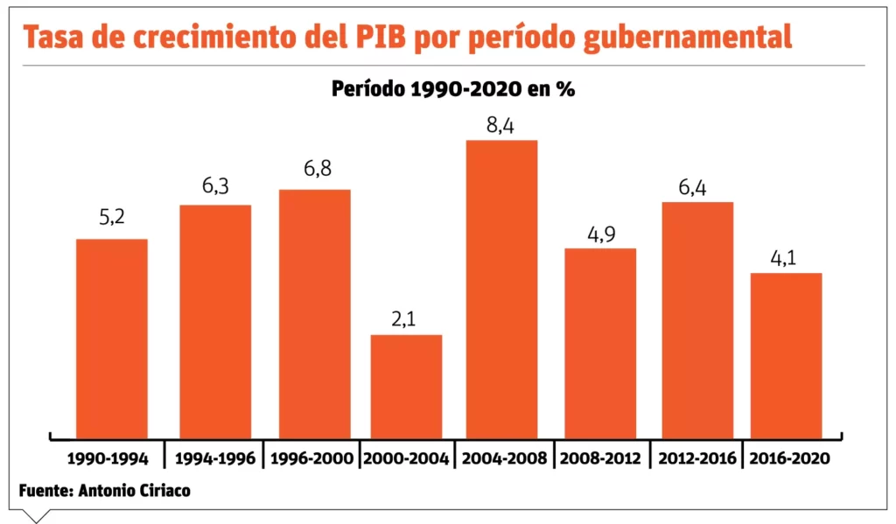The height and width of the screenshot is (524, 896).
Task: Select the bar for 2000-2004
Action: tap(406, 386)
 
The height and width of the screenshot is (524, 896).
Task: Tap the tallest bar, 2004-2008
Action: tap(501, 289)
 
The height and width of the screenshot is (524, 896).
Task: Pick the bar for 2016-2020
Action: tap(786, 355)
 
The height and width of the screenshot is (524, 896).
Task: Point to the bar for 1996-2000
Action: tap(314, 313)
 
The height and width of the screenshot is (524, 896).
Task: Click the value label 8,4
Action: tap(500, 125)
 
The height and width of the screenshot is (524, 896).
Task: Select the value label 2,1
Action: tap(405, 319)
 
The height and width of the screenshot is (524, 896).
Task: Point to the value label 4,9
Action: tap(599, 234)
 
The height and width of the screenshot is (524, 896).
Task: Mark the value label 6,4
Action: tap(697, 187)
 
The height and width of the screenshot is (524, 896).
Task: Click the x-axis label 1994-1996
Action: tap(215, 458)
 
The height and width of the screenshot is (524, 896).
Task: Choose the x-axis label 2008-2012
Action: tap(600, 458)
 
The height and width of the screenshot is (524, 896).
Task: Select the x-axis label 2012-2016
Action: tap(696, 458)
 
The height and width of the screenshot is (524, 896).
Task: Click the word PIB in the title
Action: tap(378, 38)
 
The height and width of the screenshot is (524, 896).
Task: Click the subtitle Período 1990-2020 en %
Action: tap(452, 89)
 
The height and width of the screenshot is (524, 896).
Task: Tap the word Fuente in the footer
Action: tap(45, 491)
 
